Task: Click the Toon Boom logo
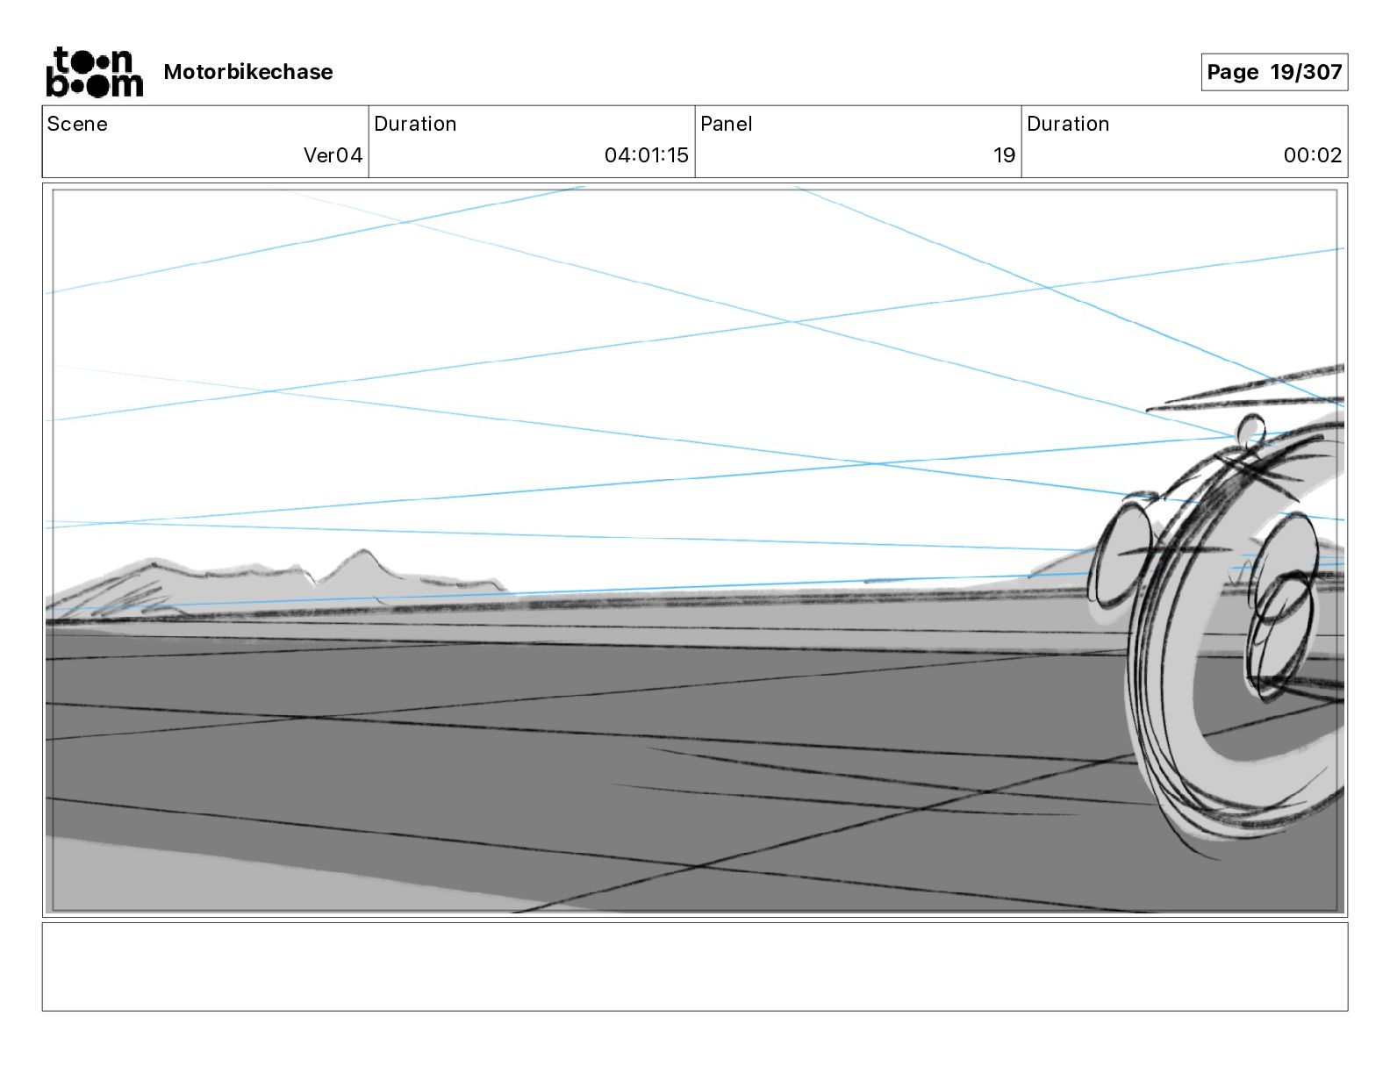click(x=94, y=72)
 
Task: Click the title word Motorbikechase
click(x=248, y=72)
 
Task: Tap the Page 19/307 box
click(x=1273, y=72)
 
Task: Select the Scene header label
click(x=77, y=124)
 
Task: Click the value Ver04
click(x=333, y=155)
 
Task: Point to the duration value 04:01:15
click(x=646, y=155)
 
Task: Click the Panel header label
click(x=726, y=124)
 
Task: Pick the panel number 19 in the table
click(x=1004, y=155)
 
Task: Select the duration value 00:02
click(x=1312, y=155)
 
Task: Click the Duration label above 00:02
click(x=1068, y=124)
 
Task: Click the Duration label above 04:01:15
click(x=415, y=124)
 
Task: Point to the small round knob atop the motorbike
click(x=1250, y=430)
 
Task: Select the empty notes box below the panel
click(x=694, y=966)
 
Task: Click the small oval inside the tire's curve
click(x=1286, y=605)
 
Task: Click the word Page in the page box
click(x=1232, y=72)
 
